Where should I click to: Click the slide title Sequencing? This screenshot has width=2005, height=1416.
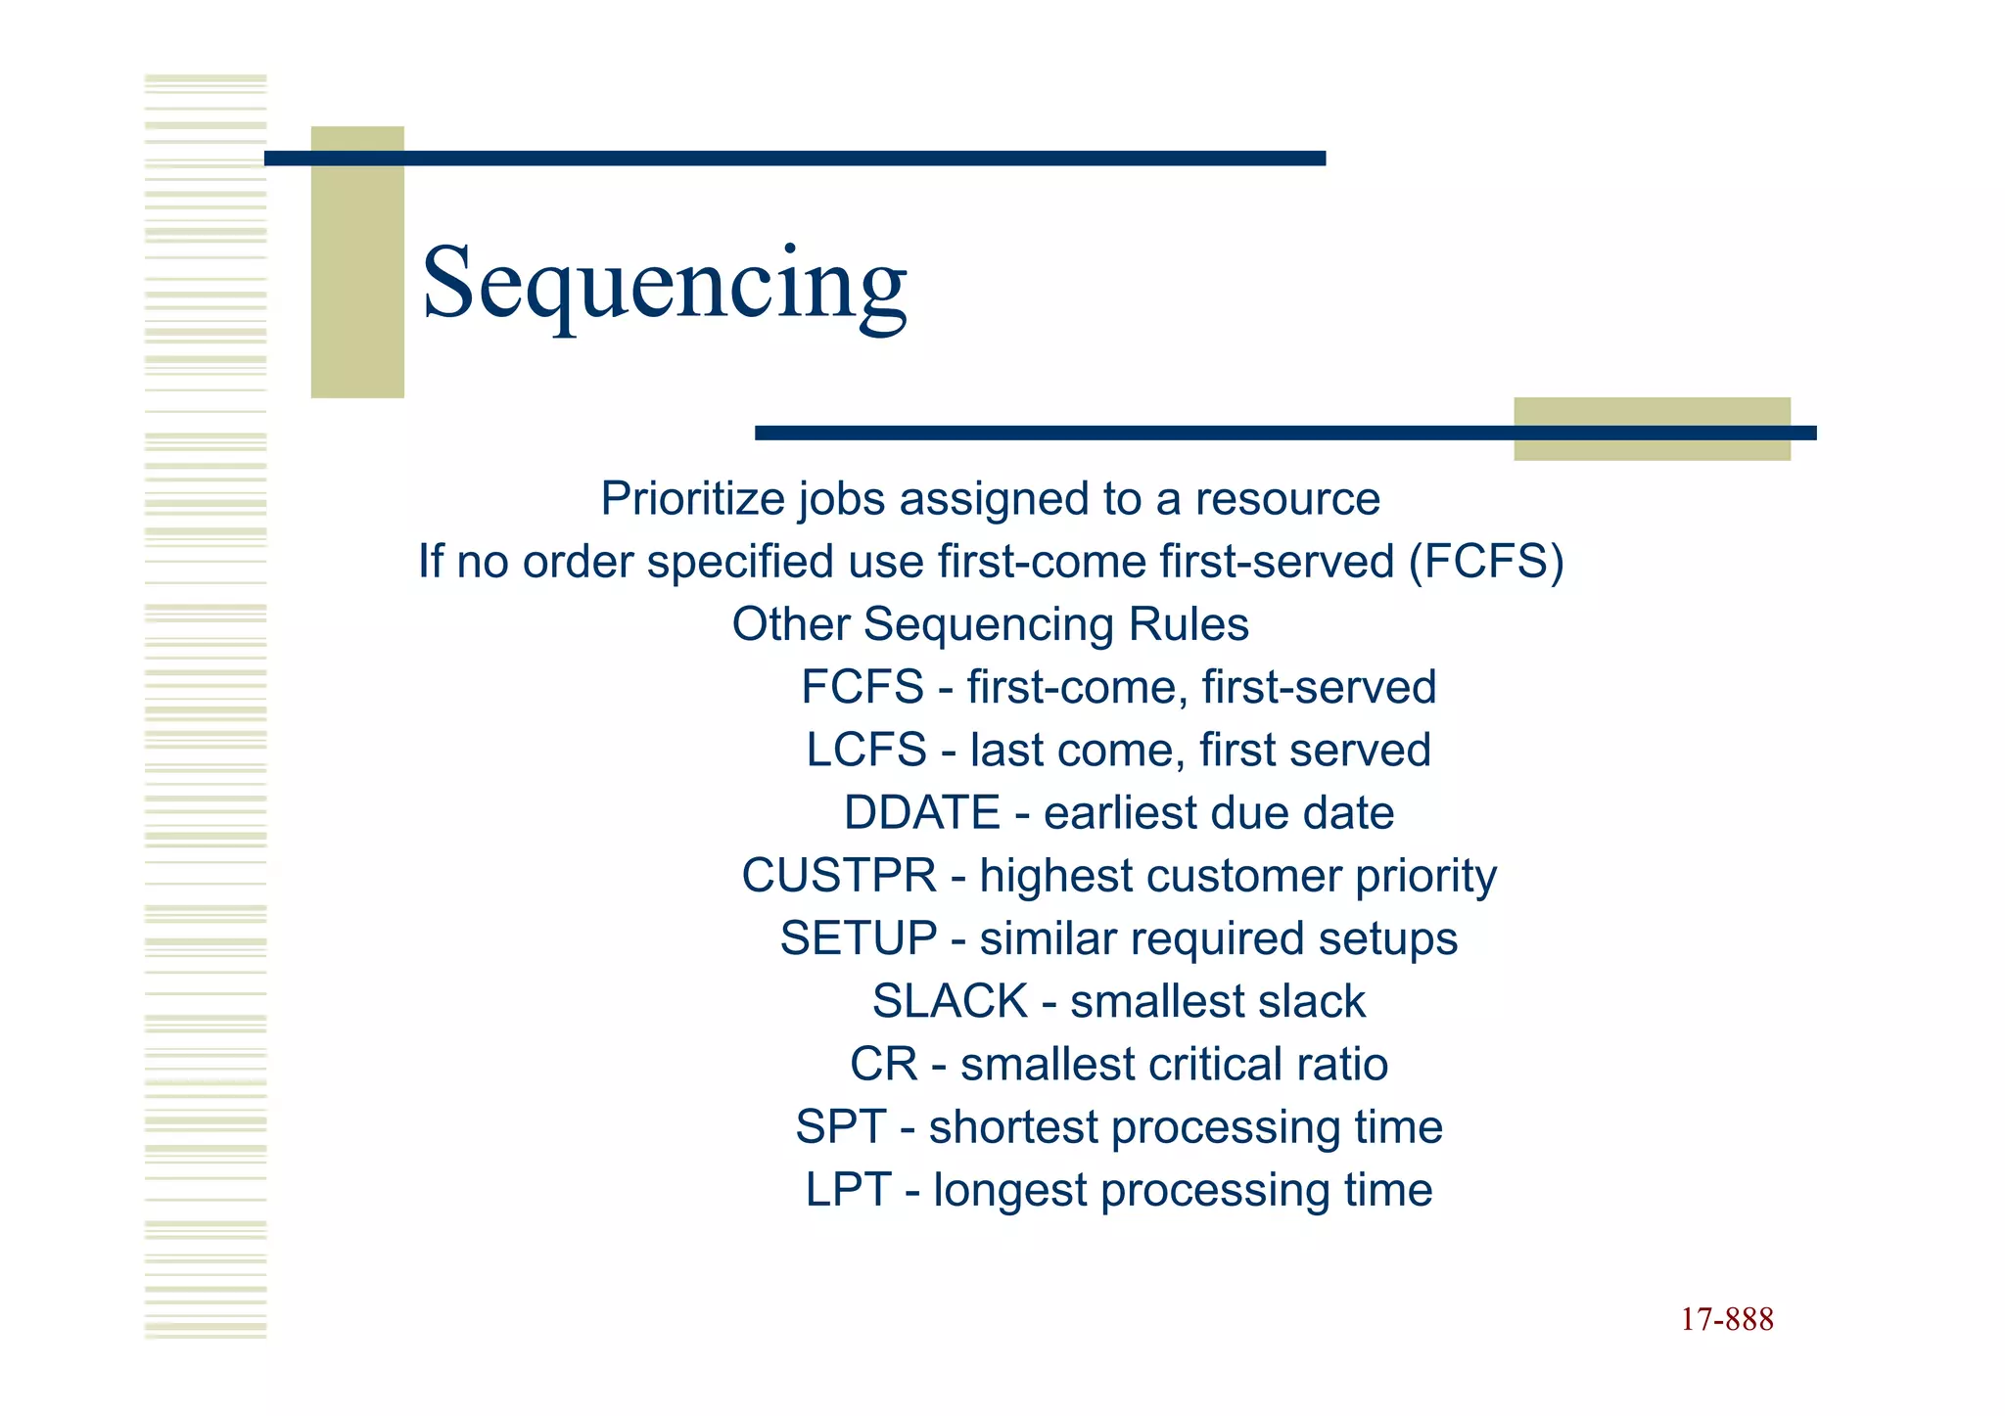pos(665,284)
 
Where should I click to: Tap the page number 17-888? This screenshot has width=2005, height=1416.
pos(1727,1319)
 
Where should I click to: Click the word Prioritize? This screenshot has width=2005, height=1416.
pos(692,499)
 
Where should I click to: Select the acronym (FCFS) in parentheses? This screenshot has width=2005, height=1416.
pos(1486,562)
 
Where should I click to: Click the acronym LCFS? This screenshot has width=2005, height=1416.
pos(865,751)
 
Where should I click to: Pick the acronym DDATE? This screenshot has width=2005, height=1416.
pos(921,813)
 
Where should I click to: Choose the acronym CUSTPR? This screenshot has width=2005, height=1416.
pos(838,876)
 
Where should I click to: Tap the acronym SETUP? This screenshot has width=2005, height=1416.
pos(858,938)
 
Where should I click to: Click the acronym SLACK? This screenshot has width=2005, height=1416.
pos(950,1001)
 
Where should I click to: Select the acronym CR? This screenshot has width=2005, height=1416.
pos(883,1065)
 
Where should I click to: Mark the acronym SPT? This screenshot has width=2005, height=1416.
pos(840,1127)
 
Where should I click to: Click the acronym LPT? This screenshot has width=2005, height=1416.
pos(847,1190)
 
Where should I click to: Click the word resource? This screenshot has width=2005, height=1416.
pos(1286,499)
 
